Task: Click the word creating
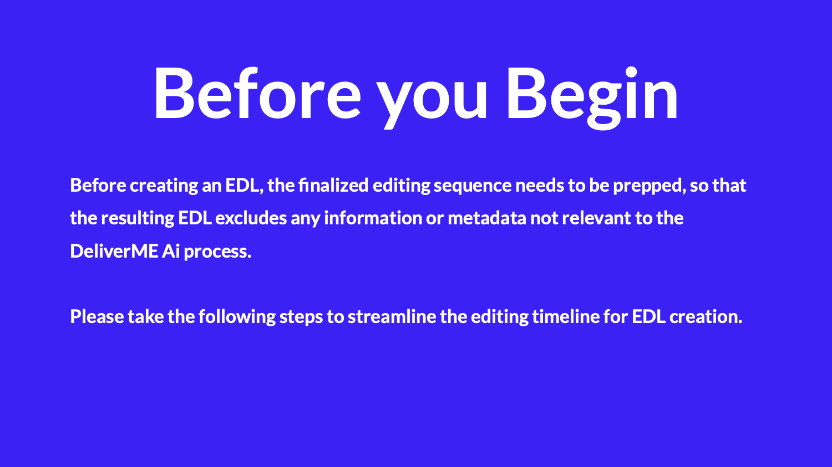click(164, 186)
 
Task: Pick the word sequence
click(473, 186)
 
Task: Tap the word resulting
click(138, 218)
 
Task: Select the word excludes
click(251, 218)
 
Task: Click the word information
click(373, 218)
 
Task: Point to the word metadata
click(487, 218)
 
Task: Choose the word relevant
click(596, 218)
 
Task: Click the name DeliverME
click(114, 251)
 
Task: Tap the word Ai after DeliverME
click(171, 251)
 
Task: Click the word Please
click(97, 316)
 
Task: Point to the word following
click(237, 317)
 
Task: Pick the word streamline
click(392, 316)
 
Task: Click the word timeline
click(566, 316)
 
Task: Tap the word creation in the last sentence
click(706, 317)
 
